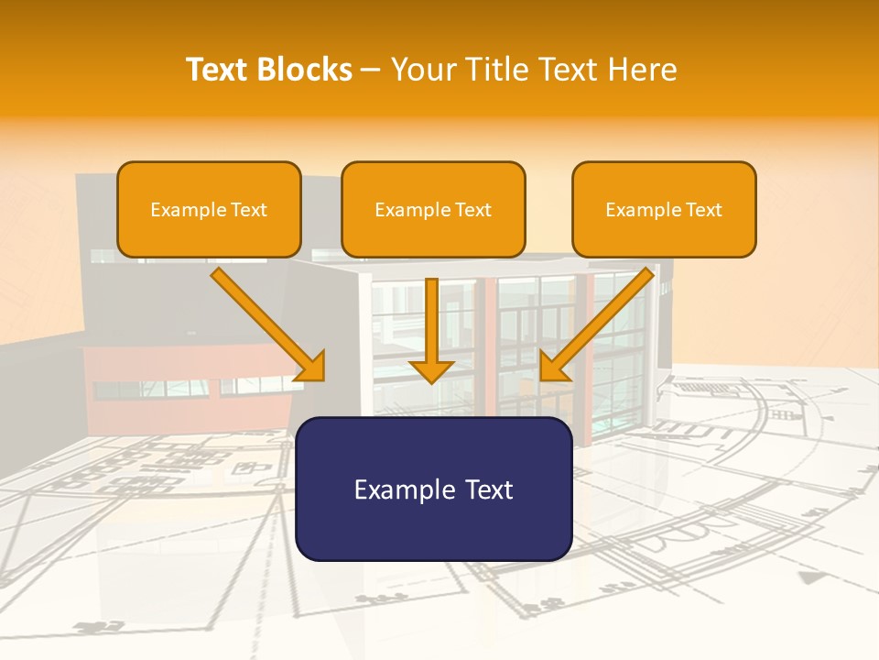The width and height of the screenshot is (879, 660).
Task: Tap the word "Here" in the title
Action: coord(644,70)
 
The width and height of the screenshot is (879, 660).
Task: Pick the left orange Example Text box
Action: coord(209,210)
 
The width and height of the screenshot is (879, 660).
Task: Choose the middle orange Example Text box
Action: coord(433,210)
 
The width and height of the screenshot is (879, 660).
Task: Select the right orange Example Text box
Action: coord(664,210)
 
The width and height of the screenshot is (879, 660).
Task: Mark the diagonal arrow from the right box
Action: coord(596,324)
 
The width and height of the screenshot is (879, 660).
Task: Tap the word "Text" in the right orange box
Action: coord(704,210)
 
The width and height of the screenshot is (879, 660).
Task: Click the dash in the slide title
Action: coord(371,70)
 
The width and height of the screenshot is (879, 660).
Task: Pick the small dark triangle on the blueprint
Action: coord(808,577)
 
